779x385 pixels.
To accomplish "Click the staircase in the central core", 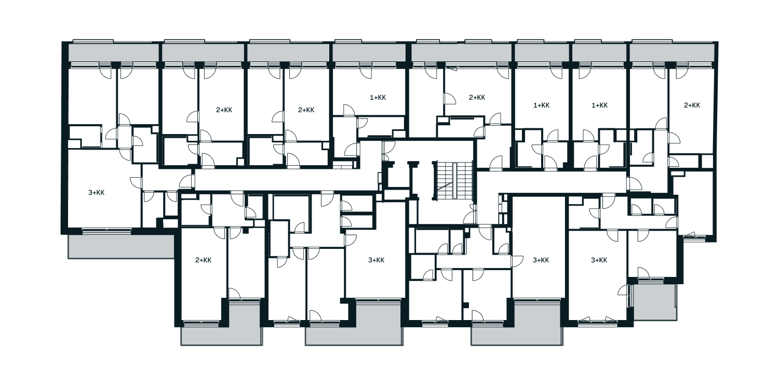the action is click(453, 180).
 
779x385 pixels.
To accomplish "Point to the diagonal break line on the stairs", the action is click(445, 187).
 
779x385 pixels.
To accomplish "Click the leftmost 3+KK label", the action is click(96, 193).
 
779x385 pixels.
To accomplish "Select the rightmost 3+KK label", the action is click(599, 260).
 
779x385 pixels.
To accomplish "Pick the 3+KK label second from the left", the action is click(377, 260).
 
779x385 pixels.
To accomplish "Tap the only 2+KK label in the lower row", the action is click(204, 260).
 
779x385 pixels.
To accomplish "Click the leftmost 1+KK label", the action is click(378, 98).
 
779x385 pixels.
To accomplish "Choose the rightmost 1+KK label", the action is click(599, 105).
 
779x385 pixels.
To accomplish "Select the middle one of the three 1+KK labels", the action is click(542, 105).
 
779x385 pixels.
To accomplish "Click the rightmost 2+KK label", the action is click(692, 105).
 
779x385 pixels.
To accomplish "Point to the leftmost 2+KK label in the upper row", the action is click(224, 110).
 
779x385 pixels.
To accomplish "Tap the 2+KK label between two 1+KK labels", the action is click(477, 98).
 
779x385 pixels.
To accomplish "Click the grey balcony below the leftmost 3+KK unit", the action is click(120, 246).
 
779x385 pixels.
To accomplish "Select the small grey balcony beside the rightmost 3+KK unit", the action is click(655, 302).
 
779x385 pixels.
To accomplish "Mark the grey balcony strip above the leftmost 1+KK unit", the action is click(369, 53).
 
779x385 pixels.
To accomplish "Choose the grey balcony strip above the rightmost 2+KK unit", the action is click(672, 53).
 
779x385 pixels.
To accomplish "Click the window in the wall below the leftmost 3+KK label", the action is click(107, 230).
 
